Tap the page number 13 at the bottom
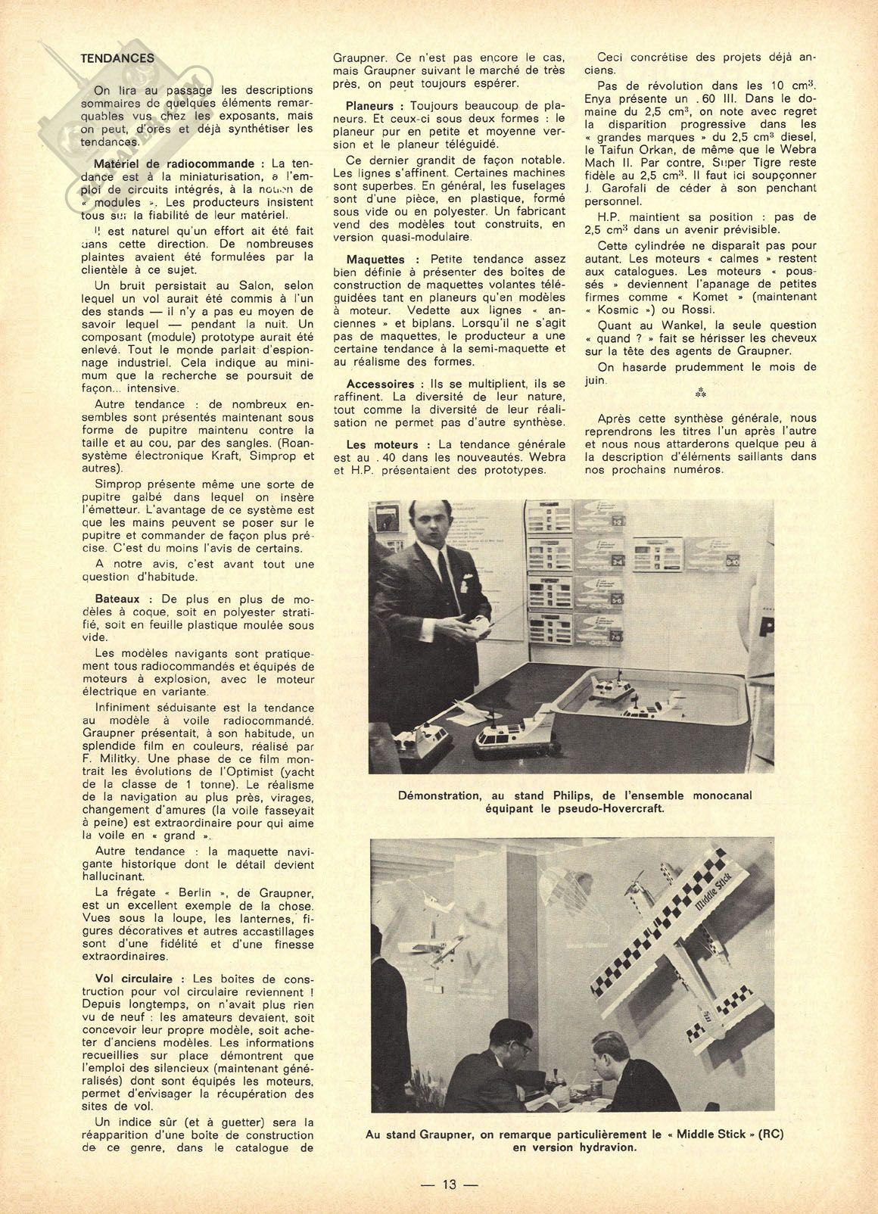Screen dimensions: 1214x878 pos(451,1184)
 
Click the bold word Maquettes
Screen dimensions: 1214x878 pos(375,259)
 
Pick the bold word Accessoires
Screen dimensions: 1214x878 pos(380,384)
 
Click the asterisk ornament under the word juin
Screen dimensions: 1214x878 pos(699,395)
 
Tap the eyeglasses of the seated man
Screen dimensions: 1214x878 pos(522,1047)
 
